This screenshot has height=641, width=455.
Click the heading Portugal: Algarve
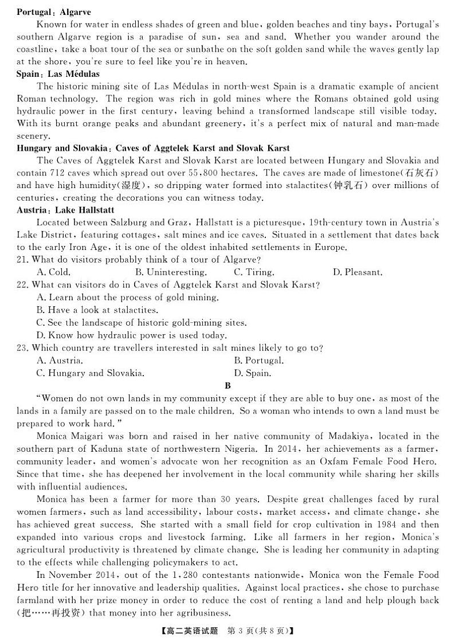tap(54, 12)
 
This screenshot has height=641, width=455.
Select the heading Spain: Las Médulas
tap(58, 74)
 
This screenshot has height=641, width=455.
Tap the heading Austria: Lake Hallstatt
tap(65, 210)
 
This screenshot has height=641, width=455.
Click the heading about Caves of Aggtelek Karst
tap(153, 148)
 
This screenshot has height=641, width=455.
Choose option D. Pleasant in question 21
tap(358, 272)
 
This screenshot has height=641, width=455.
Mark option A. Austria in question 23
tap(60, 361)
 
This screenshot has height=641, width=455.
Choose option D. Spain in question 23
tap(252, 373)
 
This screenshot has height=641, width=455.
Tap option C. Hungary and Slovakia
tap(90, 373)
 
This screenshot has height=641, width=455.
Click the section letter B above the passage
tap(227, 386)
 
